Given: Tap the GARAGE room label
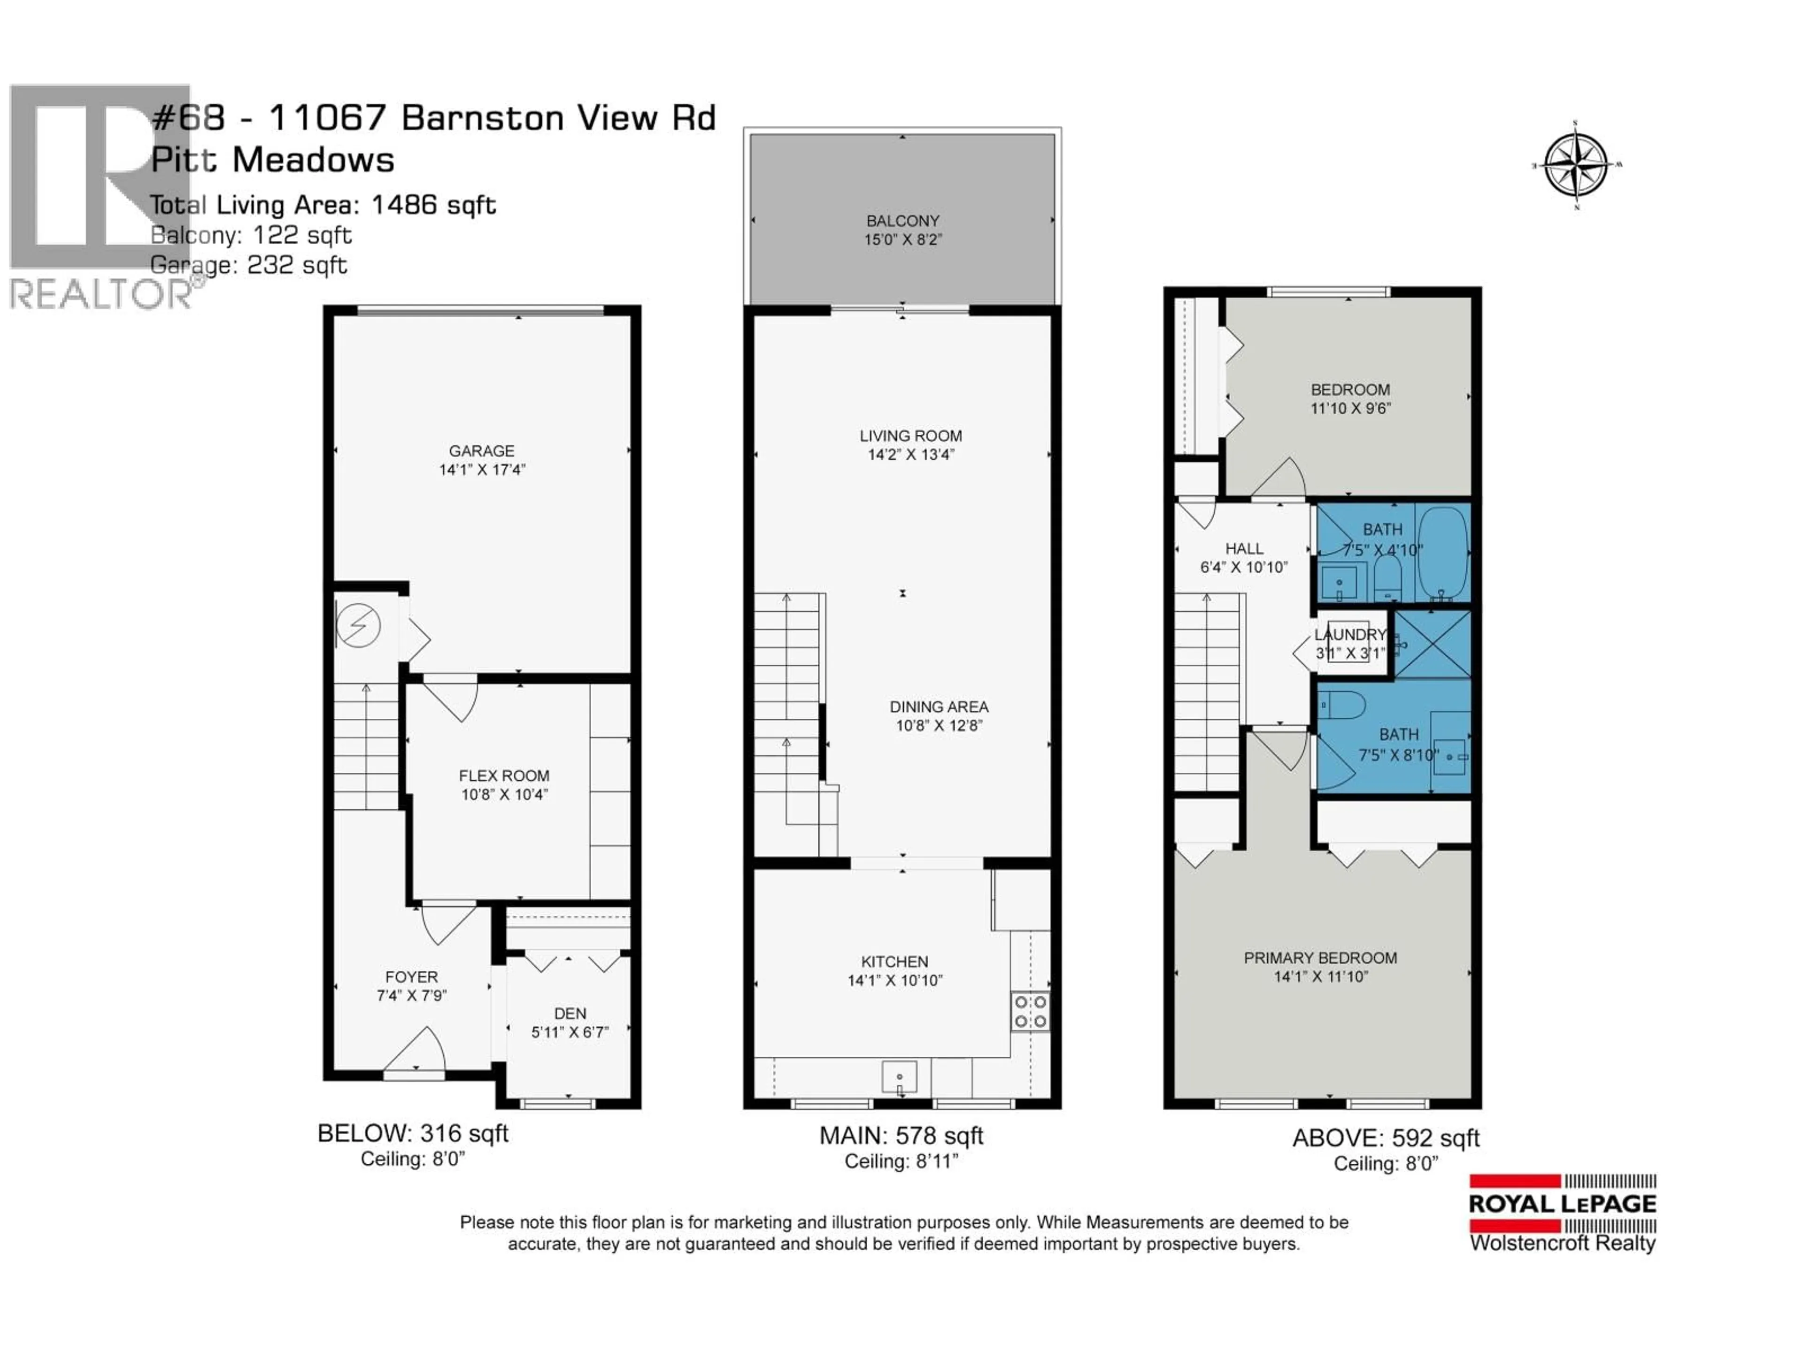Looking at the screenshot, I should [482, 451].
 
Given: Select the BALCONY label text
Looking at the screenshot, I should [902, 221].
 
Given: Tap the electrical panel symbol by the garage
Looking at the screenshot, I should [358, 626].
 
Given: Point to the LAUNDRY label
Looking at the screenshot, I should [1350, 634].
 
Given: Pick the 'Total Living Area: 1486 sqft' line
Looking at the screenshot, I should [323, 205].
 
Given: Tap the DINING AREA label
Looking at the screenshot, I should [939, 707].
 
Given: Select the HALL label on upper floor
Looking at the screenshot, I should [1244, 548].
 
